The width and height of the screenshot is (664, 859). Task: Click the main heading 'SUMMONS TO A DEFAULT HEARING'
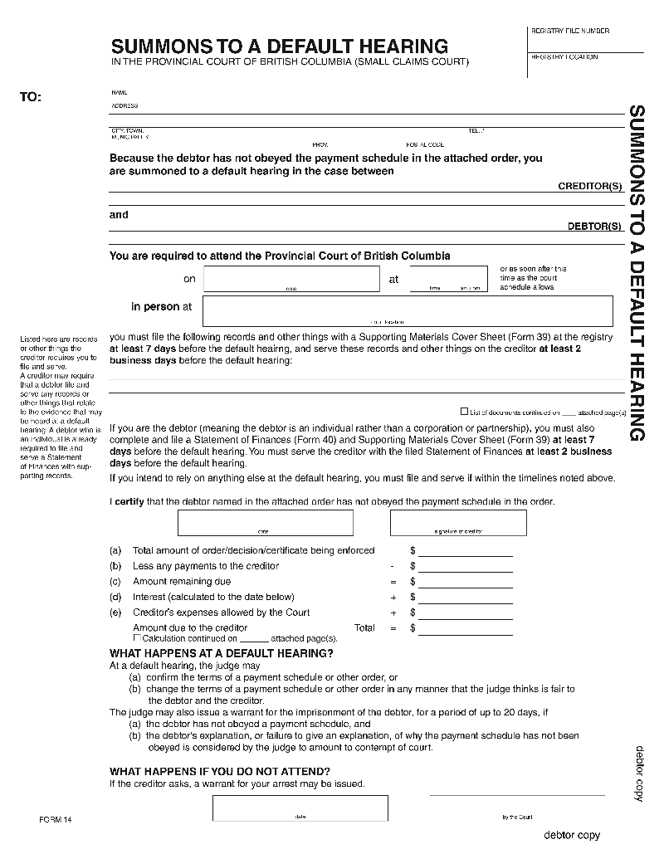click(x=279, y=46)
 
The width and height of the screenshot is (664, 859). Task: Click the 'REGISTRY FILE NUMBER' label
click(x=569, y=31)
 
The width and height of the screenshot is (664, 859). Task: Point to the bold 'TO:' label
click(x=30, y=97)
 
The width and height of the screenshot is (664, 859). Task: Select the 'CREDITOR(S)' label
click(x=589, y=187)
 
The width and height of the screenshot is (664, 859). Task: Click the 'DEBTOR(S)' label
click(x=594, y=226)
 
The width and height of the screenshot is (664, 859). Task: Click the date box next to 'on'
click(x=291, y=279)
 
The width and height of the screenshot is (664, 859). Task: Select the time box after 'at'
click(x=448, y=279)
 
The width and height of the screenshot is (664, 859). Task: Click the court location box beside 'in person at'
click(x=408, y=310)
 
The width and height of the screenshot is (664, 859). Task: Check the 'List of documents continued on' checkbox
click(x=465, y=411)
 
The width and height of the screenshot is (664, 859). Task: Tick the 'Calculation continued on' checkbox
click(x=138, y=637)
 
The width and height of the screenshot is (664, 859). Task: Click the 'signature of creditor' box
click(x=458, y=522)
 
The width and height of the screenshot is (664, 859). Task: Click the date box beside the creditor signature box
click(x=265, y=522)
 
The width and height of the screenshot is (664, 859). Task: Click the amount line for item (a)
click(x=465, y=551)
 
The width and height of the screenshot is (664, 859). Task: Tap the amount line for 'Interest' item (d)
click(x=465, y=598)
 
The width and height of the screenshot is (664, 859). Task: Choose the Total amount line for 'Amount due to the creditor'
click(x=465, y=629)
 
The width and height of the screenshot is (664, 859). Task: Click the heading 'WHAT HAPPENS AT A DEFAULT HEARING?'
click(x=222, y=653)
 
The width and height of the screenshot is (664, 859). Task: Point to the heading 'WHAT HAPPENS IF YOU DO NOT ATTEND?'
click(x=220, y=772)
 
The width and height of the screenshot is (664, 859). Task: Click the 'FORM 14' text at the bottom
click(x=56, y=820)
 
